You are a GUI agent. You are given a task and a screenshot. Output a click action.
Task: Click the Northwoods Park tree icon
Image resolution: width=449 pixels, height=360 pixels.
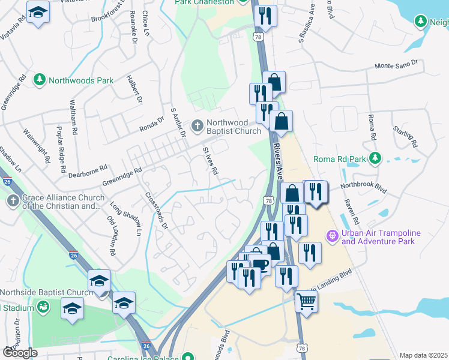click(x=40, y=80)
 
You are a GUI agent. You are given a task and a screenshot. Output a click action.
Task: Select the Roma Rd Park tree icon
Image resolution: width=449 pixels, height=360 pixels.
click(x=375, y=159)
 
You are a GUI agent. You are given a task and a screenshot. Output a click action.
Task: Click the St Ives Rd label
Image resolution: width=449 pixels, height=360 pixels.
click(x=210, y=161)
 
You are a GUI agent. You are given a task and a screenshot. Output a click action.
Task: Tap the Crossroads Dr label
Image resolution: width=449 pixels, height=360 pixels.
click(x=157, y=210)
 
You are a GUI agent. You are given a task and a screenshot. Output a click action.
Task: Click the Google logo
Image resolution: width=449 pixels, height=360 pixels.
click(x=20, y=352)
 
